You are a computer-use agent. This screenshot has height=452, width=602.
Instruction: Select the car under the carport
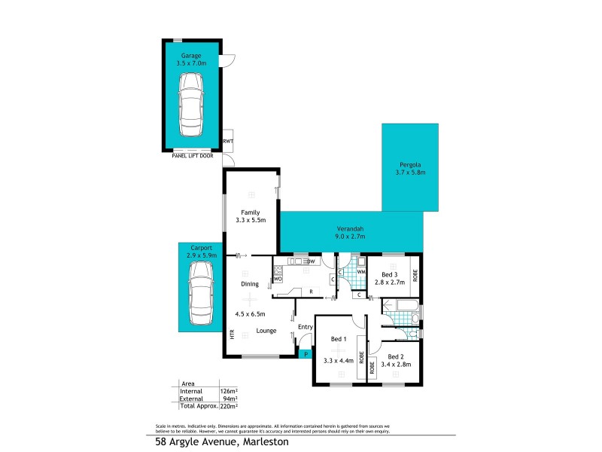(201, 290)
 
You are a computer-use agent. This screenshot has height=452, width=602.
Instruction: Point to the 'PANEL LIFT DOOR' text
(193, 156)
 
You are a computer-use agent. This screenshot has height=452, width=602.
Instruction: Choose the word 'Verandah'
(350, 228)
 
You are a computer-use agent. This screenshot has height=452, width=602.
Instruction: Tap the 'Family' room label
(251, 212)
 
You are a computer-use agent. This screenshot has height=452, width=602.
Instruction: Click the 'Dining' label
(250, 284)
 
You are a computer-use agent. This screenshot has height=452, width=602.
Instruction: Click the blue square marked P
(306, 354)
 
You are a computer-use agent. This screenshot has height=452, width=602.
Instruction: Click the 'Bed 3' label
(390, 273)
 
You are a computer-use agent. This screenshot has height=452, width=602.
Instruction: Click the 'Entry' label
(306, 326)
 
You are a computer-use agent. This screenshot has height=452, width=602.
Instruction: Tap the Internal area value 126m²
(228, 391)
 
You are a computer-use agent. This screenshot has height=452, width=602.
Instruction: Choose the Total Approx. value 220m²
(228, 405)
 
